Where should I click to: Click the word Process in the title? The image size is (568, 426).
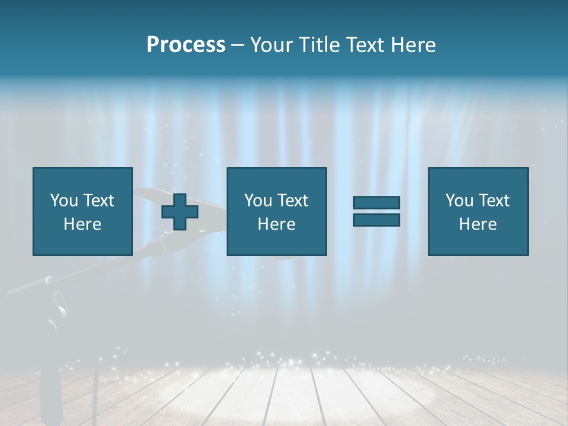(186, 45)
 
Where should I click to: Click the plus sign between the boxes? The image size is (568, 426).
(180, 212)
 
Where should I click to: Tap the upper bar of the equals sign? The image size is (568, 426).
(376, 202)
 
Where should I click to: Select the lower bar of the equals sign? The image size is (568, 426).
(376, 220)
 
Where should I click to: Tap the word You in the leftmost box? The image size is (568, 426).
(63, 201)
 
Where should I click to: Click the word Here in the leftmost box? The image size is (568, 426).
(82, 224)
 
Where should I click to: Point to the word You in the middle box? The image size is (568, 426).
(257, 201)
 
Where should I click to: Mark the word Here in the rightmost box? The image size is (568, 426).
(477, 224)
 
